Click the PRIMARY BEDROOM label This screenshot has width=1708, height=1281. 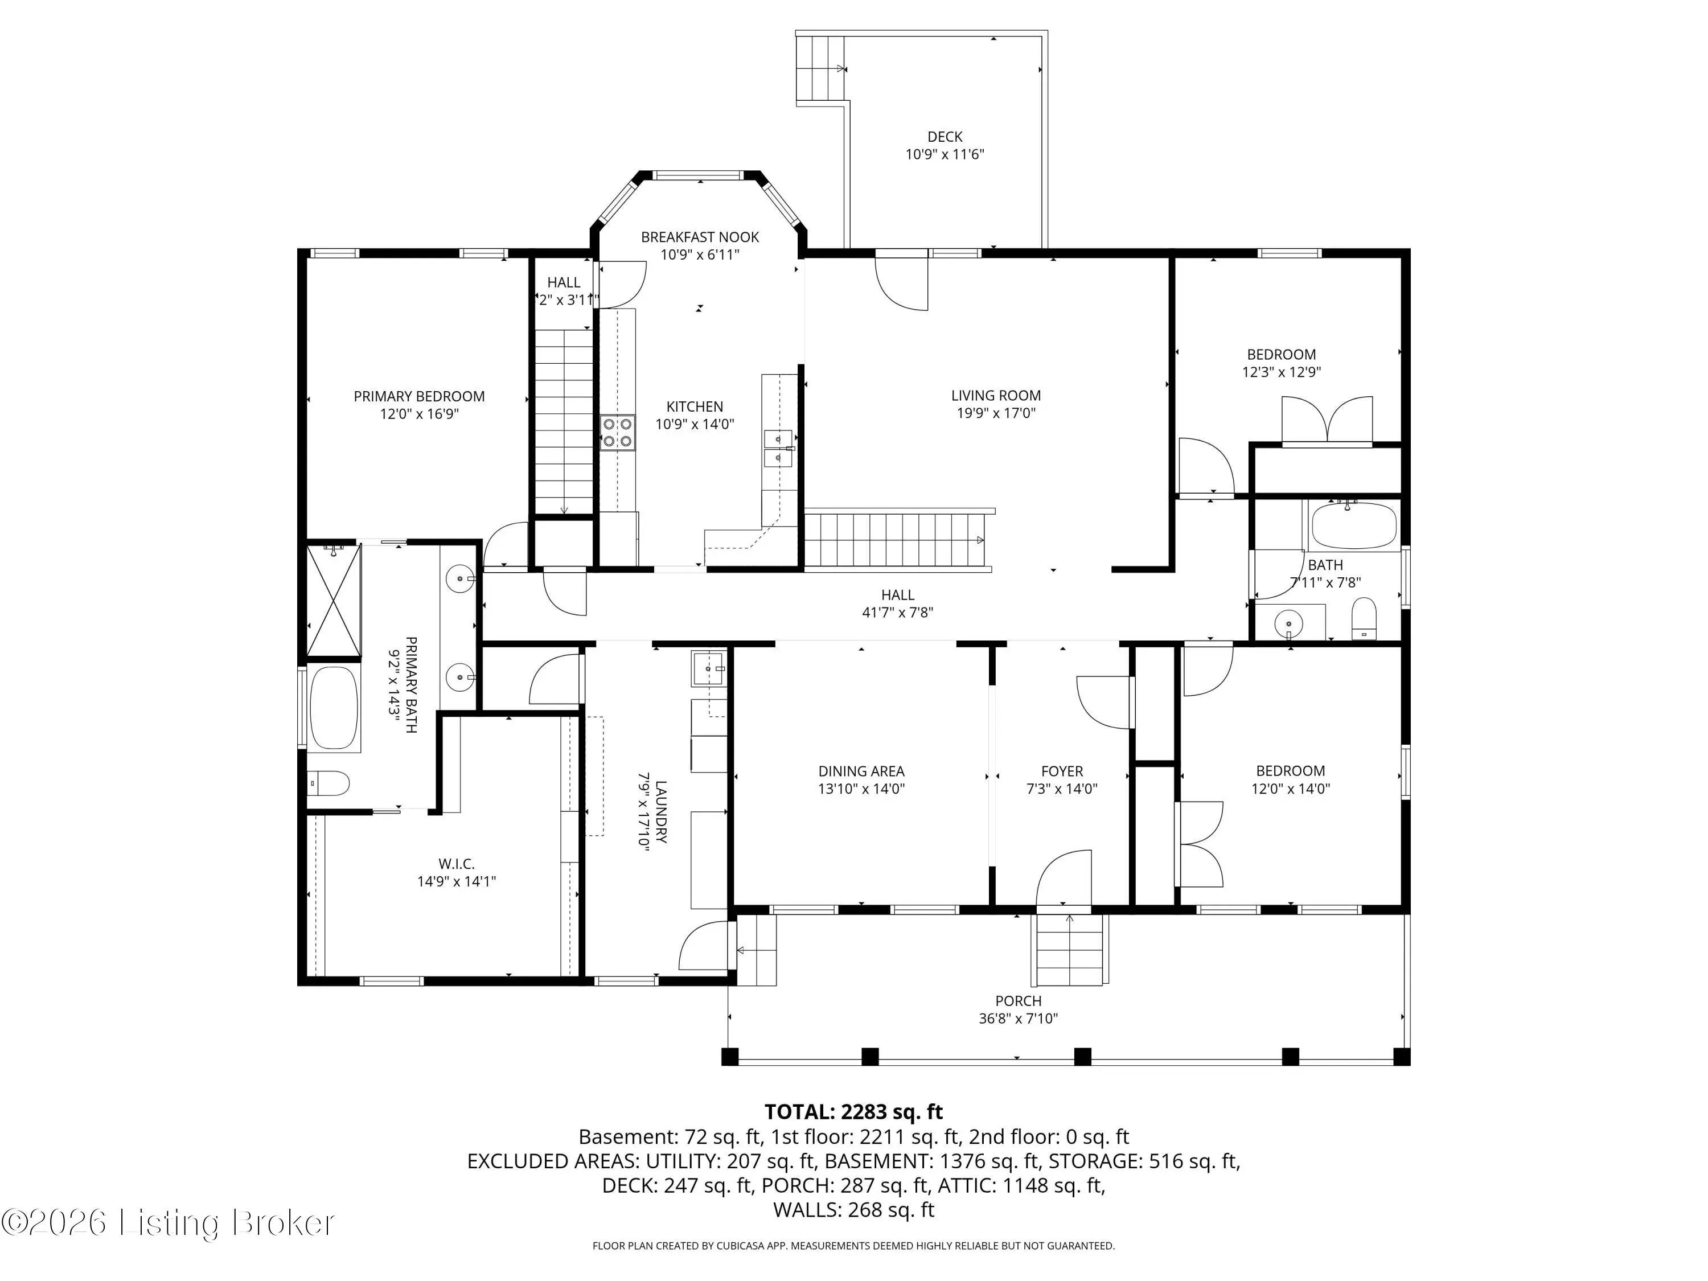[x=419, y=396]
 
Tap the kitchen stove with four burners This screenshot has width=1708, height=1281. [x=618, y=432]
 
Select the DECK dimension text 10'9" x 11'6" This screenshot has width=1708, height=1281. [x=945, y=154]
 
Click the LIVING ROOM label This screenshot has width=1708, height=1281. [x=996, y=395]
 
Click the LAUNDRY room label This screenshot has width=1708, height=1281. [x=660, y=811]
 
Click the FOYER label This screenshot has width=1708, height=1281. [x=1062, y=771]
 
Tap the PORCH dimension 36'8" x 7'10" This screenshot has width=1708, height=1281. [x=1018, y=1018]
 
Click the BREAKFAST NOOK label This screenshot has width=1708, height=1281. [x=700, y=237]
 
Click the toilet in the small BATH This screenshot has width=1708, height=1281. [x=1364, y=618]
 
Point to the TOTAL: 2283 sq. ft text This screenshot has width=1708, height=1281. [x=853, y=1112]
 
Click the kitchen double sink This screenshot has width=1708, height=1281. [x=778, y=449]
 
